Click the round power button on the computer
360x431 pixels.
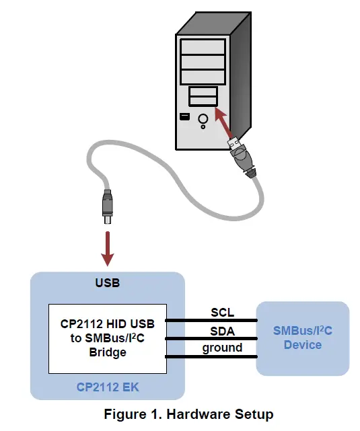(203, 120)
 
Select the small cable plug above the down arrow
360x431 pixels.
(106, 205)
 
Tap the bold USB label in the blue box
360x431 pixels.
(107, 283)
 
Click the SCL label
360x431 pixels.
(222, 313)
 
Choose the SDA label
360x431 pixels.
(222, 331)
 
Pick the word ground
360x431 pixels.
(222, 348)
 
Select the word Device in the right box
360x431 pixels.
(302, 345)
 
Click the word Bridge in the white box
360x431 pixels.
(107, 352)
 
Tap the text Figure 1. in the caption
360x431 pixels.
(129, 414)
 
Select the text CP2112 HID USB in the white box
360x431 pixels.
(107, 324)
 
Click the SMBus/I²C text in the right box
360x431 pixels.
(302, 331)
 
